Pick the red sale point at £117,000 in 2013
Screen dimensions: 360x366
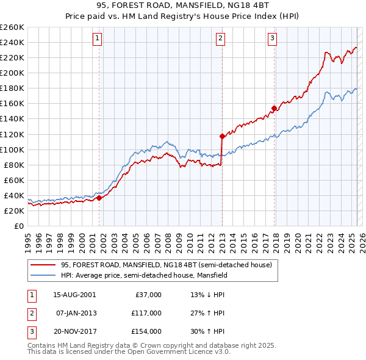click(x=221, y=136)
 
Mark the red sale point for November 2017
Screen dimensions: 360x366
click(x=274, y=108)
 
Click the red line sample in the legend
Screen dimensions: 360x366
click(x=43, y=264)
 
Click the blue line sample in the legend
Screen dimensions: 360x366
click(x=43, y=275)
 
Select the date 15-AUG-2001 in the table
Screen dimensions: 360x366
click(x=74, y=295)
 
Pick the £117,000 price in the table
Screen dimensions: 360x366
click(x=147, y=313)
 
